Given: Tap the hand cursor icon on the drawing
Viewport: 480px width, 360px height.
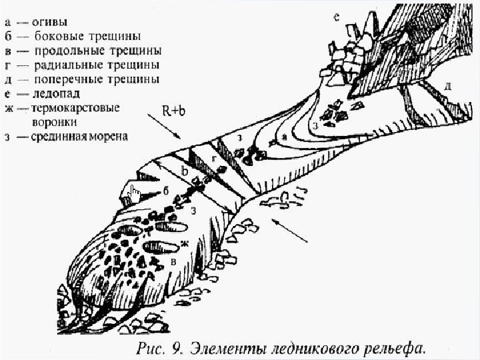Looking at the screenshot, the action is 135,195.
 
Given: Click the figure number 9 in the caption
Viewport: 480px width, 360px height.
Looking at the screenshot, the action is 177,347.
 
